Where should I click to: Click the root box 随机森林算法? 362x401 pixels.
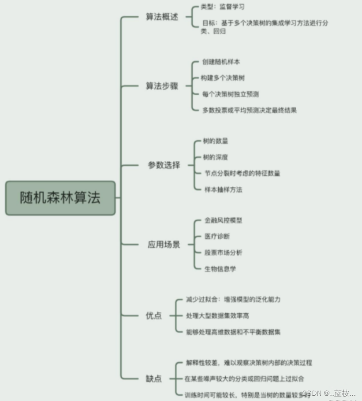[x=60, y=198]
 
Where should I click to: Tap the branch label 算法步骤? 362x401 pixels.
[x=162, y=86]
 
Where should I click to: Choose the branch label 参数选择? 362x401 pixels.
[x=164, y=165]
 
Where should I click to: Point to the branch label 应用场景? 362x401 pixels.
[x=164, y=245]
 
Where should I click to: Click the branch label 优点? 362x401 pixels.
[x=153, y=316]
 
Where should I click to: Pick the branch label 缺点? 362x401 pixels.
[x=153, y=379]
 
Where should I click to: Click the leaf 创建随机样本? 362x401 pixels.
[x=221, y=62]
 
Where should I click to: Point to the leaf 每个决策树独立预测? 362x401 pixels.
[x=231, y=94]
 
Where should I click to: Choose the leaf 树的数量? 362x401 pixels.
[x=215, y=141]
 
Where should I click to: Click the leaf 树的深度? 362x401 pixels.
[x=215, y=157]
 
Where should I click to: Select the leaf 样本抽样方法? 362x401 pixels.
[x=223, y=189]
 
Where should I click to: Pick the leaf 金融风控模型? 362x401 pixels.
[x=223, y=220]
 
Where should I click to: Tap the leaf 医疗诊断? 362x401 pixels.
[x=217, y=236]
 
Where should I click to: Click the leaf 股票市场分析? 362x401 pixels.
[x=223, y=252]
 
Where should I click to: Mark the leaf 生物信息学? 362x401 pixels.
[x=220, y=268]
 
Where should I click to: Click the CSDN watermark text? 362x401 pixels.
[x=329, y=393]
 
